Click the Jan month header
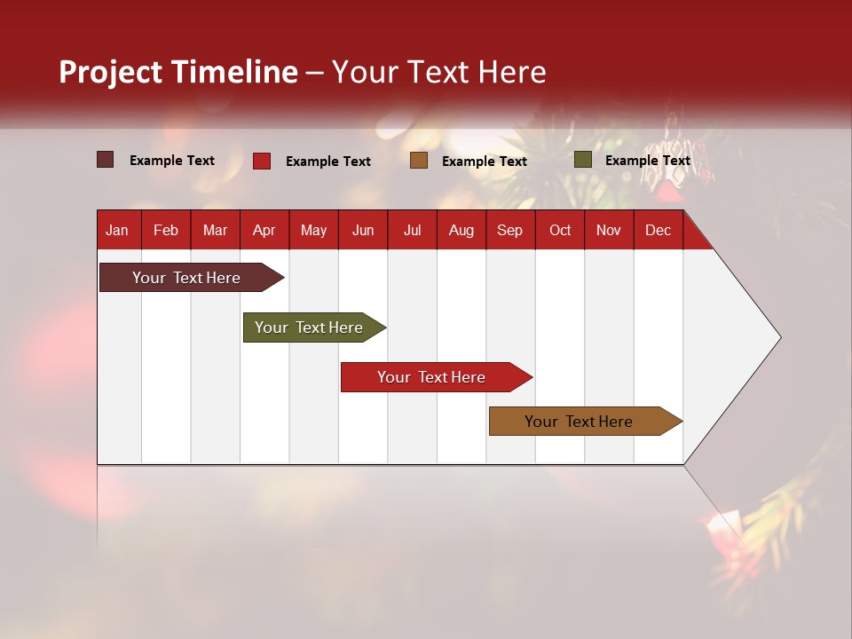117,230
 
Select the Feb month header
166,230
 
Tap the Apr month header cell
264,230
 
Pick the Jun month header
363,230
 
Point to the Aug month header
461,230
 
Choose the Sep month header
509,230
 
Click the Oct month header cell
560,230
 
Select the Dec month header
658,230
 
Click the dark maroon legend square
105,160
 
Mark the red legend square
262,161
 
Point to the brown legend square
419,161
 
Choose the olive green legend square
582,160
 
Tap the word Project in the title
111,72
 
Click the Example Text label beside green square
647,161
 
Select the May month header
313,230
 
